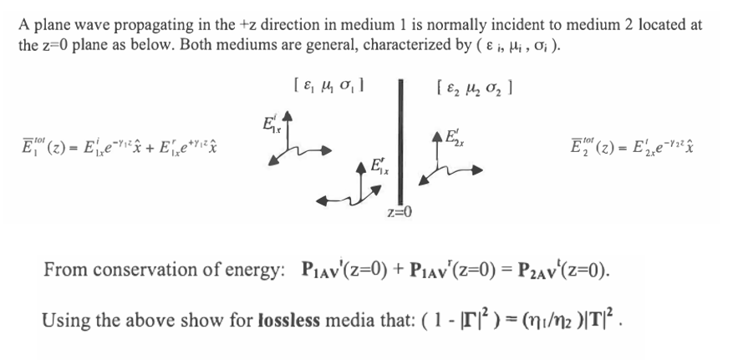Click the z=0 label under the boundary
(x=400, y=213)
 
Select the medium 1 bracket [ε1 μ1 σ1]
(x=331, y=87)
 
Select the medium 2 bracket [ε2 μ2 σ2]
(x=475, y=88)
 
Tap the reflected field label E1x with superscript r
(x=379, y=166)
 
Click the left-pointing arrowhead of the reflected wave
(x=323, y=201)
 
